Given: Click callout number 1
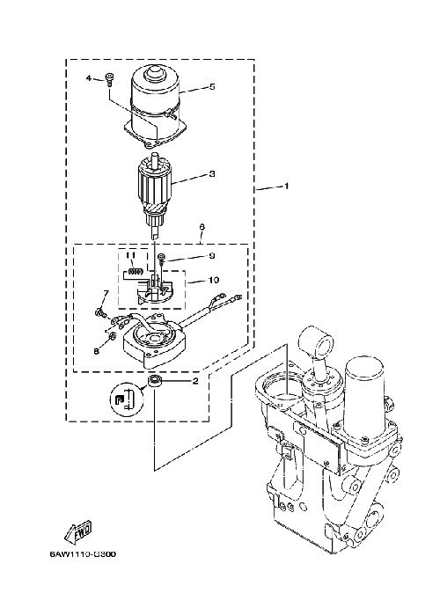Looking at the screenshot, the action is tap(287, 187).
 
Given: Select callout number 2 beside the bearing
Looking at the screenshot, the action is tap(195, 381).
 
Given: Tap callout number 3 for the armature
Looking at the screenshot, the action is tap(212, 174).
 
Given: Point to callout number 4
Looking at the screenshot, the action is tap(89, 78).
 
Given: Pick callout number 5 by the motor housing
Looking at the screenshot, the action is tap(212, 86).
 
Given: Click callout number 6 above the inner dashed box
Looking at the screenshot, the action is tap(202, 227).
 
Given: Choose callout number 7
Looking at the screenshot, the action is tap(106, 292).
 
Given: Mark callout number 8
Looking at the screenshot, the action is tap(97, 351).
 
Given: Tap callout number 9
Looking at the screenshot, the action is tap(212, 256).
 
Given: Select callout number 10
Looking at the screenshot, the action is tap(214, 280).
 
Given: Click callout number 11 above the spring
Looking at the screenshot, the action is tap(130, 255).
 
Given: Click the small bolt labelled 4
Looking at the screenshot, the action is tap(110, 78).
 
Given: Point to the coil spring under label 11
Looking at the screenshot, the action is tap(134, 271).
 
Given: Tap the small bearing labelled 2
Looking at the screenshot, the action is tap(154, 381).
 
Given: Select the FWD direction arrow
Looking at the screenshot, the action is tap(78, 531).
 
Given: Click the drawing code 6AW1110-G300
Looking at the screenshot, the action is tap(83, 553).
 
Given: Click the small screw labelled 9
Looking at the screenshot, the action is tap(161, 258).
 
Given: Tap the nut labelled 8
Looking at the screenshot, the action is tap(110, 336).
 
